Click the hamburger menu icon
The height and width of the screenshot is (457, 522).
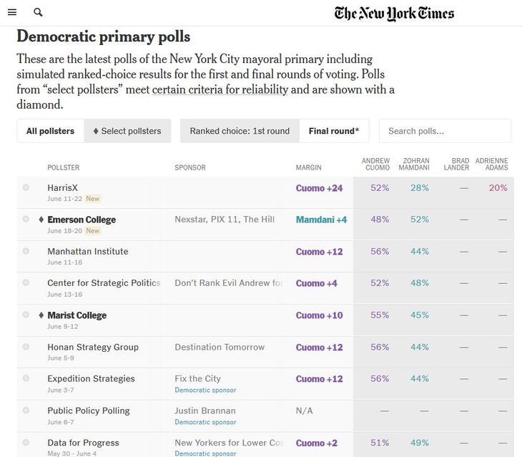(12, 12)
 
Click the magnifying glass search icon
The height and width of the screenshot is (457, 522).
(38, 12)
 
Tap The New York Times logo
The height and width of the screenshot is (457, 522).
(394, 13)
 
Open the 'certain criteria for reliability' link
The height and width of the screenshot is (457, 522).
(220, 89)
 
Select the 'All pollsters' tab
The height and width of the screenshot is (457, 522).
(50, 131)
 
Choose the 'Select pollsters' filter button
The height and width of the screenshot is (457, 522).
(127, 131)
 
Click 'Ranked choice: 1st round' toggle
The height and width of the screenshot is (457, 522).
(240, 131)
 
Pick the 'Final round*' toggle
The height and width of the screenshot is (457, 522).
(334, 131)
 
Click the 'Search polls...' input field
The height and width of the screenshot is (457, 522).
(445, 131)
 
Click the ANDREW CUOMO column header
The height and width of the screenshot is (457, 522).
(375, 164)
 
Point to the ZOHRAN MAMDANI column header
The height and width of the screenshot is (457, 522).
(415, 164)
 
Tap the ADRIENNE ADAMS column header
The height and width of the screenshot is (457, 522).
(491, 164)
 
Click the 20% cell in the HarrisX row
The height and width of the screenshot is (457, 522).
(498, 188)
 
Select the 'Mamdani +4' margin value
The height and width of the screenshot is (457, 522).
(321, 220)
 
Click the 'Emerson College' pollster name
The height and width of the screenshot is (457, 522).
(82, 220)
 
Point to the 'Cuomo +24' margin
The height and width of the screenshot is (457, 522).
(319, 188)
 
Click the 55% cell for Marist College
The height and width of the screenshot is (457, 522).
(380, 315)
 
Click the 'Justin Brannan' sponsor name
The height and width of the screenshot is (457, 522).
(205, 411)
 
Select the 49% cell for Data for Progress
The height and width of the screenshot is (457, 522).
(420, 443)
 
